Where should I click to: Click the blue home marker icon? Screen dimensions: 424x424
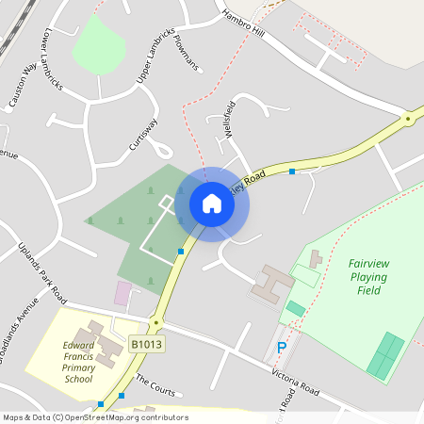[x=212, y=204]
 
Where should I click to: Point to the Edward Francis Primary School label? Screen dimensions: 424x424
[x=79, y=362]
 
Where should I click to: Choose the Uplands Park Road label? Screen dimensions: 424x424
[x=43, y=272]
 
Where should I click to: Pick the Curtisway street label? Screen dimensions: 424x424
[x=143, y=135]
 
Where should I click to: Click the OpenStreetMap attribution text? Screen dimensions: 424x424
[x=94, y=417]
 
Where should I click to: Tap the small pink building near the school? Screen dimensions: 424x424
[x=122, y=292]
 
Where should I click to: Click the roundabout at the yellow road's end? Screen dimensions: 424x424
[x=408, y=120]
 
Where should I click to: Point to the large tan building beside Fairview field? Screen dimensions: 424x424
[x=272, y=282]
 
